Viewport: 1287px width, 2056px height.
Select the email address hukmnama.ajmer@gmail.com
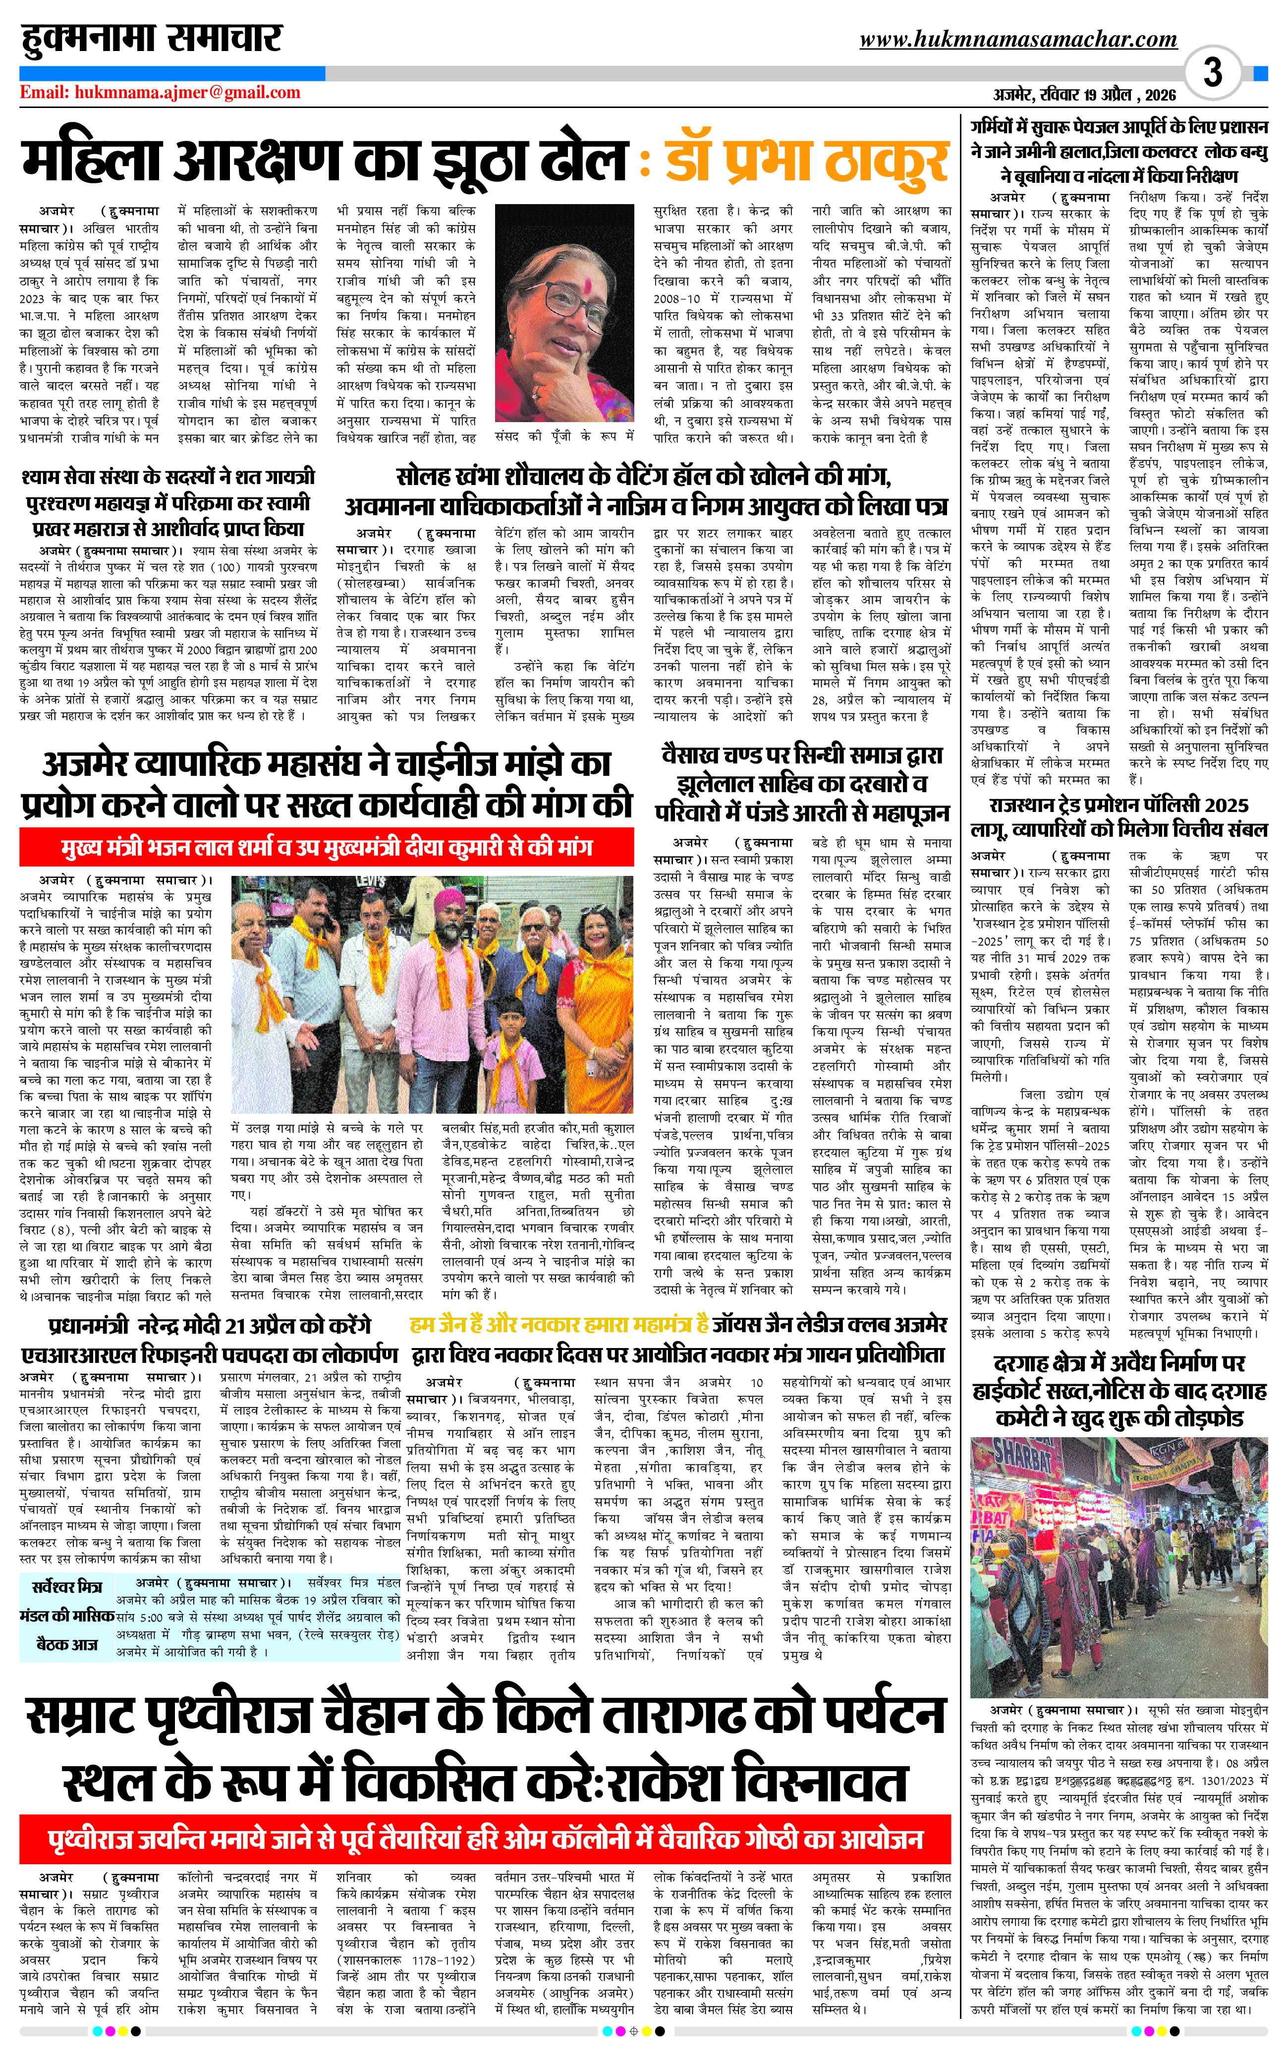[160, 93]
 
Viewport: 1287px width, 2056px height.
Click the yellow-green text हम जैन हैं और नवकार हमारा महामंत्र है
[559, 1324]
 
